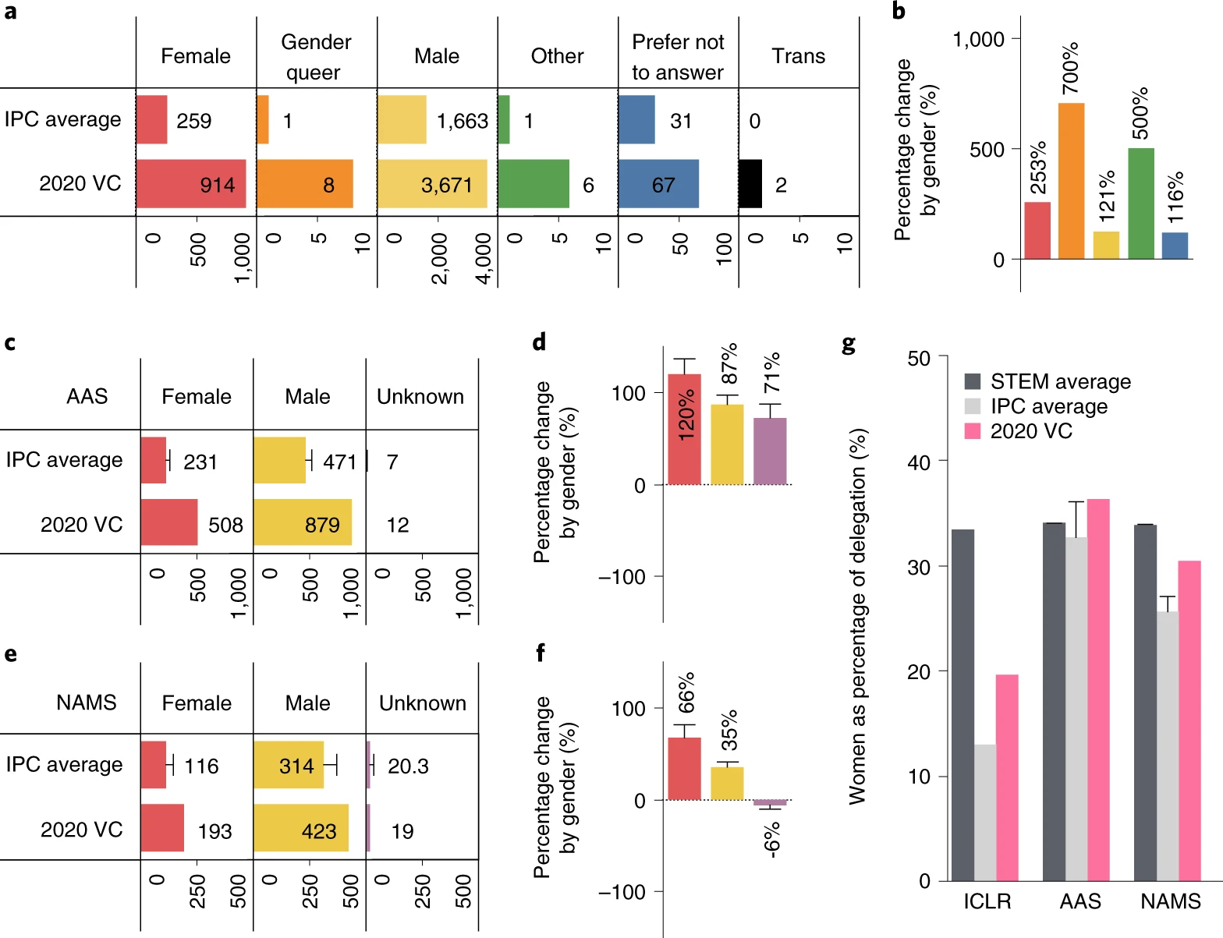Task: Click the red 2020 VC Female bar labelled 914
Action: [191, 184]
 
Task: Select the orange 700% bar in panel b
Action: [1071, 181]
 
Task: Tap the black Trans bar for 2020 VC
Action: [750, 184]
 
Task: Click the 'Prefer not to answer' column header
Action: [678, 57]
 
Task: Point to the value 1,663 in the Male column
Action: [463, 121]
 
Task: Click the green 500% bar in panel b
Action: [1141, 204]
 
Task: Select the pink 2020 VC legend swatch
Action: [973, 431]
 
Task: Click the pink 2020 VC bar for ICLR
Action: [1007, 777]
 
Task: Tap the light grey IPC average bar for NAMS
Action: [1168, 746]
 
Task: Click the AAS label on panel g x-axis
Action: [1080, 901]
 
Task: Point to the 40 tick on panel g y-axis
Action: [919, 462]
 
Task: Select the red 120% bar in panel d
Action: [684, 430]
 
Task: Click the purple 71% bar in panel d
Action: [770, 451]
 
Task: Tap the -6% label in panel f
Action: [771, 839]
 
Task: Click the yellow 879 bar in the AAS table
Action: [303, 522]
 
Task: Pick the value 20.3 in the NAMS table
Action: [408, 766]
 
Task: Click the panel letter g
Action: [849, 344]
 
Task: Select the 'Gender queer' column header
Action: [316, 57]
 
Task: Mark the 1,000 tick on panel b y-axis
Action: [978, 39]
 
